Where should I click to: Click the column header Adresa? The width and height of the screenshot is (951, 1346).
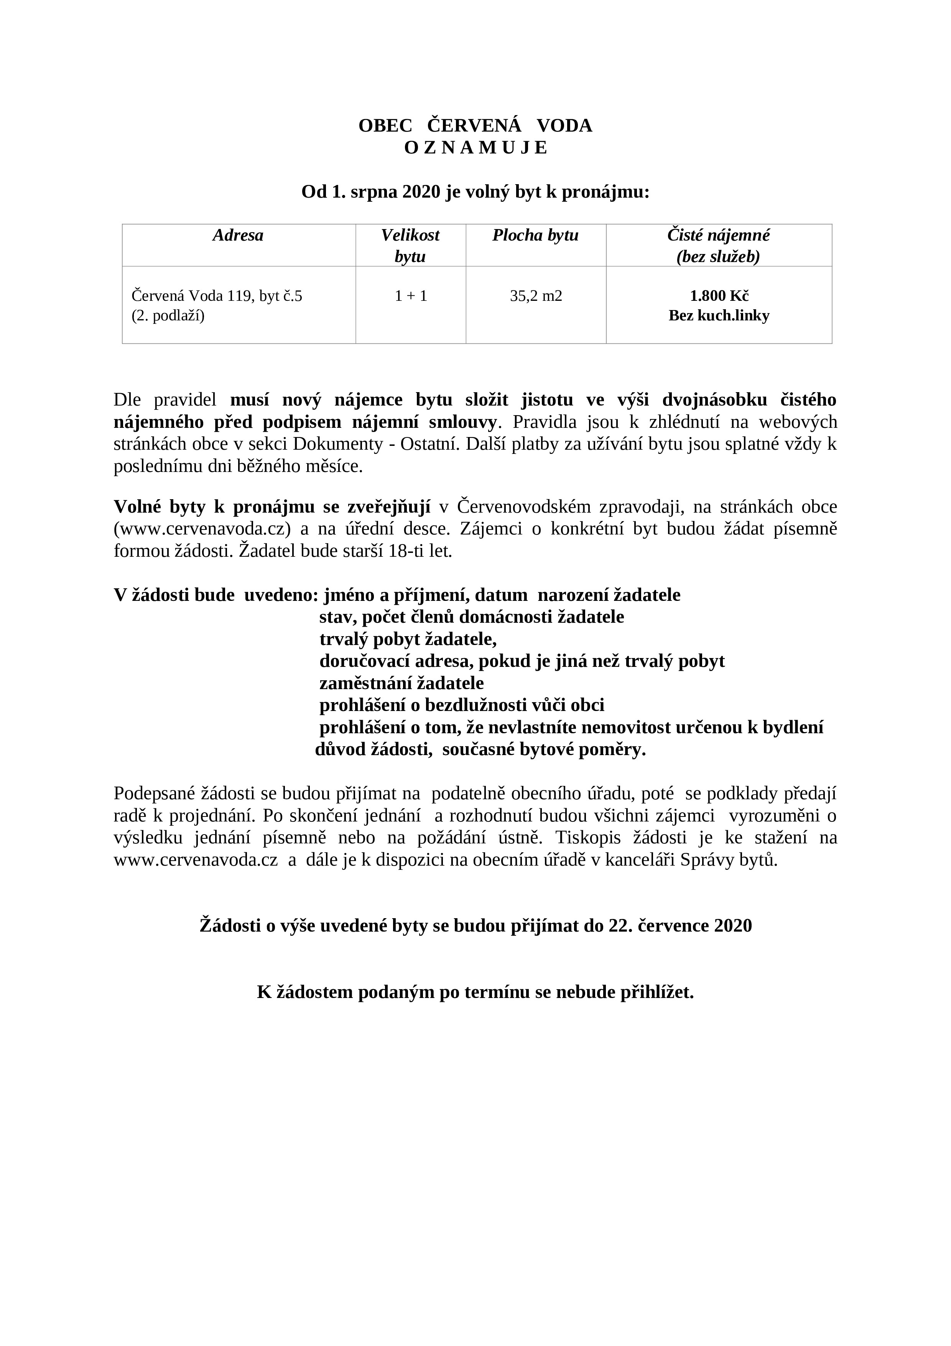point(238,235)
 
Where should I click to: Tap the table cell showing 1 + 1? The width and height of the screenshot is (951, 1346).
point(411,296)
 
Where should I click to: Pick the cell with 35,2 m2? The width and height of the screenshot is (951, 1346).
point(536,296)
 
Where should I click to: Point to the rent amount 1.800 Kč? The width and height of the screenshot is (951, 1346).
point(719,296)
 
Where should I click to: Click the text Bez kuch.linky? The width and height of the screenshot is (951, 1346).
point(719,316)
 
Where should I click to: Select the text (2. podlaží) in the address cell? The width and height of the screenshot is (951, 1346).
point(168,316)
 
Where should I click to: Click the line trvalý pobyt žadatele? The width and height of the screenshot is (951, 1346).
point(408,639)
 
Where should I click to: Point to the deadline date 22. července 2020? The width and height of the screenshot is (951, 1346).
point(680,926)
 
